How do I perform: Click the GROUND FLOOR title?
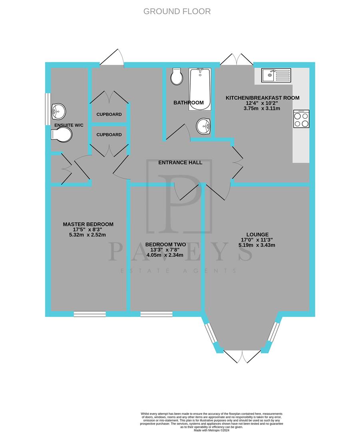[x=177, y=11]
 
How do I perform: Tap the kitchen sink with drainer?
[x=276, y=75]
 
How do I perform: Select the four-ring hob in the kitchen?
[x=301, y=119]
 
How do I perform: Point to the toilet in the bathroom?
[x=176, y=76]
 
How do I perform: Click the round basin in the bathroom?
[x=204, y=127]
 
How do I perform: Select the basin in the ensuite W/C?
[x=58, y=111]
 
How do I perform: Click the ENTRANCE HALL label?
[x=180, y=162]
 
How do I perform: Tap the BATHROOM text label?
[x=188, y=103]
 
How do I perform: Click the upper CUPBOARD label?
[x=109, y=114]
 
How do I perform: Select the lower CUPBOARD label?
[x=109, y=135]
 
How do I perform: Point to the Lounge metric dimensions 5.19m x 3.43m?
[x=257, y=245]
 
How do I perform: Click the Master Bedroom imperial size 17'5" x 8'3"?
[x=88, y=230]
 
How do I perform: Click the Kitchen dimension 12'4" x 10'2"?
[x=263, y=104]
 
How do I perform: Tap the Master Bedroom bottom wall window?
[x=90, y=314]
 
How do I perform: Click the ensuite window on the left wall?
[x=48, y=106]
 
